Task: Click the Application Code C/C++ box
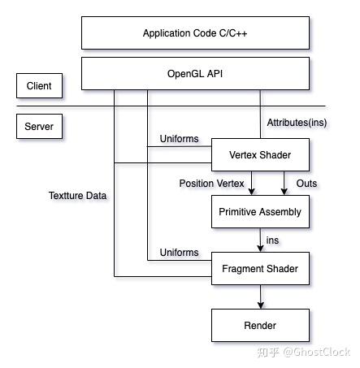tap(195, 33)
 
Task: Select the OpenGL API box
tap(195, 73)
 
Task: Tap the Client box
tap(39, 85)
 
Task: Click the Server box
tap(39, 127)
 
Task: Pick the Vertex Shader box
tap(260, 154)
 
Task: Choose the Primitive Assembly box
tap(260, 212)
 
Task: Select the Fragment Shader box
tap(260, 269)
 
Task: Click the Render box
tap(260, 326)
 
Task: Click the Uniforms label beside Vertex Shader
tap(179, 139)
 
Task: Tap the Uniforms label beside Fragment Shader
tap(179, 253)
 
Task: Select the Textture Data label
tap(77, 196)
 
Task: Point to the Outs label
tap(306, 184)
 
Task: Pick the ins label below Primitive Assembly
tap(273, 240)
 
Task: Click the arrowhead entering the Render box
tap(260, 305)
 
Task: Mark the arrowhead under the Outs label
tap(284, 192)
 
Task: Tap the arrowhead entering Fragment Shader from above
tap(260, 249)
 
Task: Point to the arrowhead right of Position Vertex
tap(253, 192)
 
